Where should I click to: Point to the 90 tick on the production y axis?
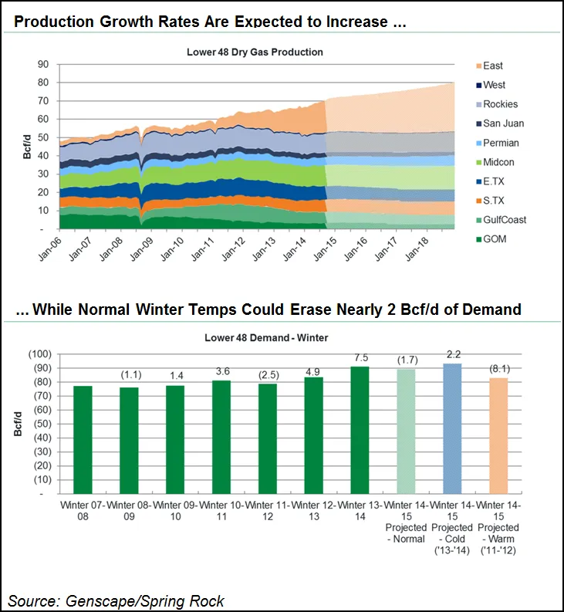point(44,64)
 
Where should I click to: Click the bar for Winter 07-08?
point(83,439)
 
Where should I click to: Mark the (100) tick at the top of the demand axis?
point(39,353)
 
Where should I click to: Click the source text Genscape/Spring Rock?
point(116,600)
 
